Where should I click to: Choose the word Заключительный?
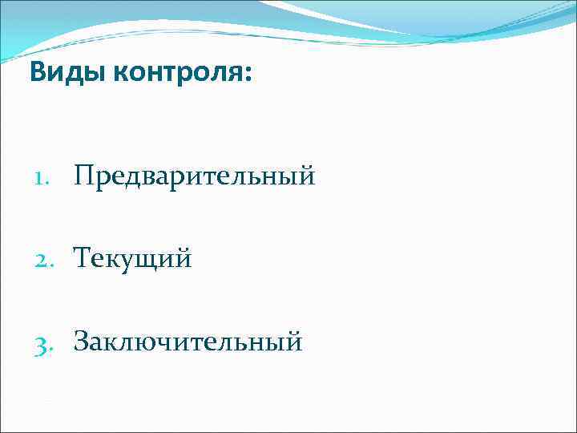[x=188, y=342]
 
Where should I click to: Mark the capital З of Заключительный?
[x=82, y=342]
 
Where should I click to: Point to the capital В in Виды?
[x=38, y=74]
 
